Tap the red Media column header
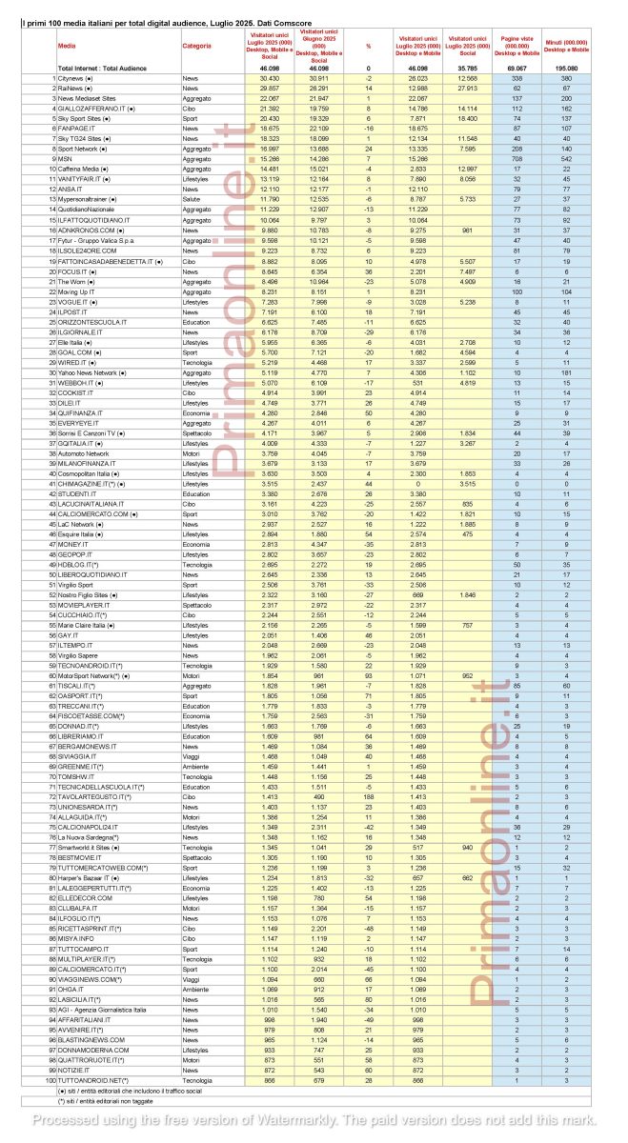tap(66, 45)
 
